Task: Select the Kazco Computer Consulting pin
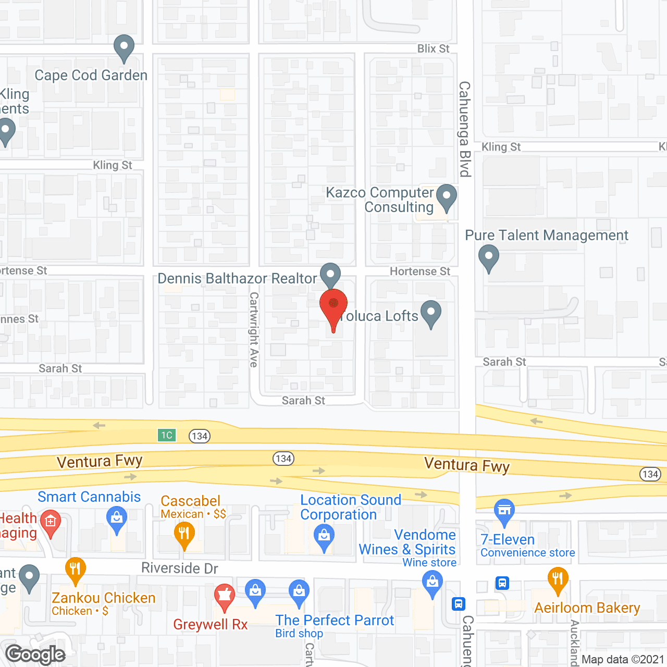(446, 197)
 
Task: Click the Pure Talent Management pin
(488, 257)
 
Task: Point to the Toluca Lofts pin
(431, 313)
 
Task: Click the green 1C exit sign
(167, 435)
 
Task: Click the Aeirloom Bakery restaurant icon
(558, 579)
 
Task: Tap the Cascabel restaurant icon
(184, 534)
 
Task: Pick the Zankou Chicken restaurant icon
(76, 570)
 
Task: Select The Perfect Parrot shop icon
(299, 592)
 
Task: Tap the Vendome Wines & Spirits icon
(433, 583)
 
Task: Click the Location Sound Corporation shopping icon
(324, 537)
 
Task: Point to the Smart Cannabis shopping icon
(117, 519)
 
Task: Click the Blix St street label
(433, 48)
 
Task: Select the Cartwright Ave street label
(254, 329)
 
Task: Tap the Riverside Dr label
(179, 568)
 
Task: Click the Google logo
(35, 654)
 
